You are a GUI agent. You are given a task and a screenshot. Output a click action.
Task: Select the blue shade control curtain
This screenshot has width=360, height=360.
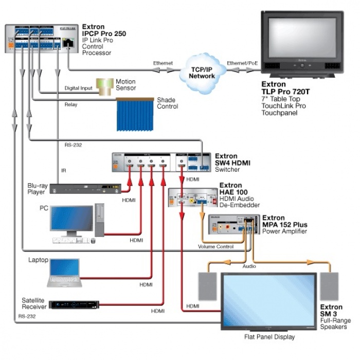134,114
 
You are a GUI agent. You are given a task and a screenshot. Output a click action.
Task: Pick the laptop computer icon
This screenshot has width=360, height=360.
64,273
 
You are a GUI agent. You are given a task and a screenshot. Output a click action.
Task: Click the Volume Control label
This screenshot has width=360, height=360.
215,247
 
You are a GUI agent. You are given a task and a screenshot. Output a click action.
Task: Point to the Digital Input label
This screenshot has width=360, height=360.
78,88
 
